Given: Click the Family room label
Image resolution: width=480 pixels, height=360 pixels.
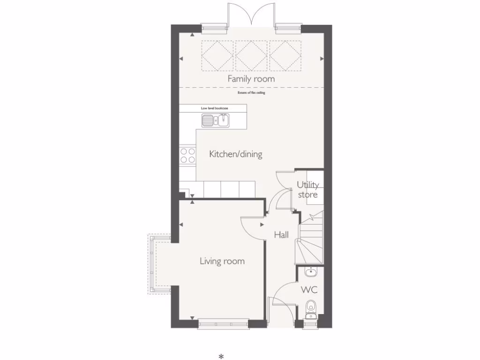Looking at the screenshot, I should [x=251, y=79].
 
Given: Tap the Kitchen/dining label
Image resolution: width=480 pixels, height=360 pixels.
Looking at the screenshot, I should [x=235, y=154].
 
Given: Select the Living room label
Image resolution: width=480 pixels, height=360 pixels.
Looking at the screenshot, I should [x=222, y=261].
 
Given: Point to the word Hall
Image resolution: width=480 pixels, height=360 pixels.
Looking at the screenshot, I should [x=281, y=235].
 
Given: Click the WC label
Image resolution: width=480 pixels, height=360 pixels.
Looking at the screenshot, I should [x=309, y=290].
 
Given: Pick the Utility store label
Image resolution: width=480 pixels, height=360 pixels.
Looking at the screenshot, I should [x=308, y=190].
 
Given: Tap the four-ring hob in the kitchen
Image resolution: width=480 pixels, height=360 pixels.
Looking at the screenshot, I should [x=187, y=155].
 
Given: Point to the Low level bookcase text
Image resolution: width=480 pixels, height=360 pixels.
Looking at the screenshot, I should [x=214, y=108].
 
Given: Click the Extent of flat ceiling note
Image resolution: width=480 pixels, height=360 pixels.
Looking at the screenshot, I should [x=251, y=93].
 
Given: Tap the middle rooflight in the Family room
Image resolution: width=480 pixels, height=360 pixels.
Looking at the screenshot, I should [x=251, y=56].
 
